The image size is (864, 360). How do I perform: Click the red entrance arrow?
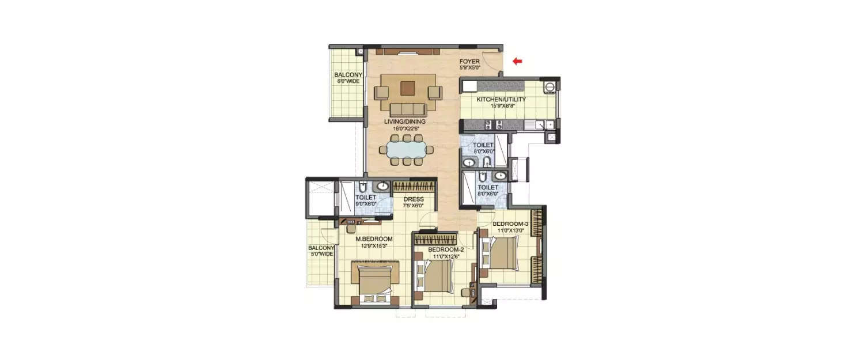click(x=517, y=60)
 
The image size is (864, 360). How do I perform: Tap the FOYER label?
click(x=469, y=61)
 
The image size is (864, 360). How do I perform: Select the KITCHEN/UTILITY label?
click(x=501, y=100)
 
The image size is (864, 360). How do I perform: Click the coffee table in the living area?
click(x=408, y=88)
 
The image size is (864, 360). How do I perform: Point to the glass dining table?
click(x=407, y=150)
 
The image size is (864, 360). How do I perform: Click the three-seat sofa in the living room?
click(x=407, y=109)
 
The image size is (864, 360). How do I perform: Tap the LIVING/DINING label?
click(x=405, y=122)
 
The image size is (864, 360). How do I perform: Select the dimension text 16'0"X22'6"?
click(x=405, y=128)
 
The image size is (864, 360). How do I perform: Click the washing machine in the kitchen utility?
click(x=550, y=87)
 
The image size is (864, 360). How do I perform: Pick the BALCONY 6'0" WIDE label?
click(x=348, y=78)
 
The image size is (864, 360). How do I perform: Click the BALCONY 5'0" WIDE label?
click(x=321, y=251)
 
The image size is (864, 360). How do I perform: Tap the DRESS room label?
click(x=413, y=199)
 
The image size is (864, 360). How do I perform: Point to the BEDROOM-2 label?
click(x=443, y=249)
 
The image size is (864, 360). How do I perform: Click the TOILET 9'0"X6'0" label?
click(x=365, y=200)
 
